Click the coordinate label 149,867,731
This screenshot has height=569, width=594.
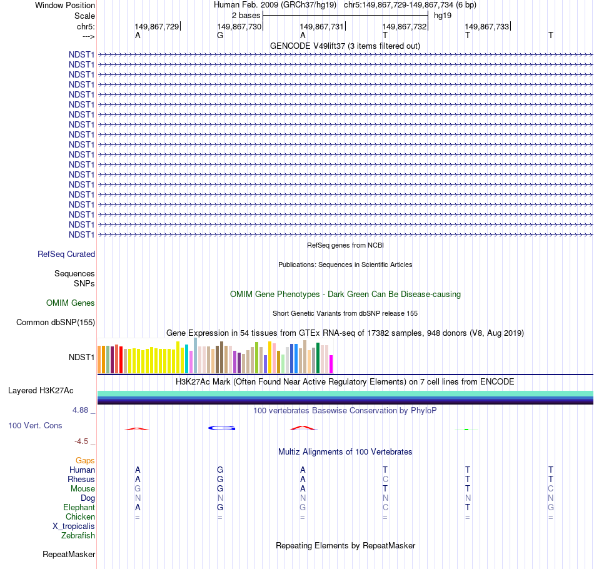pos(321,26)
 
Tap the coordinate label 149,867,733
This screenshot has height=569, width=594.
pos(486,26)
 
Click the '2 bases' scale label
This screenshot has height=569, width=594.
pos(246,15)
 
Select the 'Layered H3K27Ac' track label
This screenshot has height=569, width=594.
pos(41,391)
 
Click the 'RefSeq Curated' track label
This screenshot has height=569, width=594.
pos(66,254)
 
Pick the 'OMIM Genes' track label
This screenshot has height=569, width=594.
pos(71,303)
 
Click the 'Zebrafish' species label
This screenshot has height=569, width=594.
pos(78,536)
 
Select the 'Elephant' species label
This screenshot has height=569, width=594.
pos(79,508)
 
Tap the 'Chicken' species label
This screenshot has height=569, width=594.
pos(80,517)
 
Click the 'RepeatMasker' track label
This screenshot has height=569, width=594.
pos(69,555)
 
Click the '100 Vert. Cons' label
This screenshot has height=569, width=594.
pos(35,426)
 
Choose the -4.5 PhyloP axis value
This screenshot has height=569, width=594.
pos(84,441)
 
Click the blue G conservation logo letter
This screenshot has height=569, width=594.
pos(221,428)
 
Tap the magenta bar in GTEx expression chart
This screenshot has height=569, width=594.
pos(331,364)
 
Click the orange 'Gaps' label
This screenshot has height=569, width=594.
pos(85,461)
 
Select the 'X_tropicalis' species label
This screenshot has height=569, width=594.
pos(74,526)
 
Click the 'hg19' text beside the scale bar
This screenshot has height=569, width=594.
pos(443,15)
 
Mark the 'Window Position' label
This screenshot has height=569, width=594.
pos(65,5)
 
